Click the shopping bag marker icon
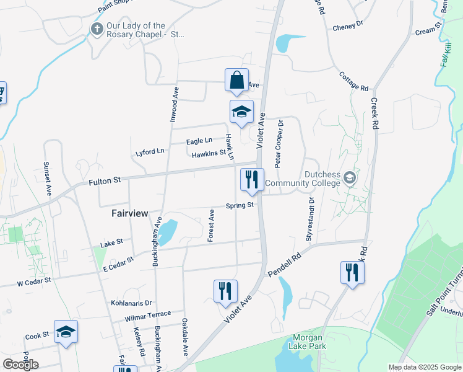[x=236, y=80]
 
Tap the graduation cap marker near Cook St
[x=66, y=332]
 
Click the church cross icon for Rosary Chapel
[x=97, y=29]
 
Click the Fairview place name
[x=130, y=213]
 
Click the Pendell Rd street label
[x=284, y=264]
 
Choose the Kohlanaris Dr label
[x=131, y=303]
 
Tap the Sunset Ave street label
[x=47, y=179]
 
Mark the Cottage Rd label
[x=353, y=81]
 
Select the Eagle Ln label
[x=199, y=141]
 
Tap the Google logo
[x=20, y=364]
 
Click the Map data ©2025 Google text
[x=424, y=367]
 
